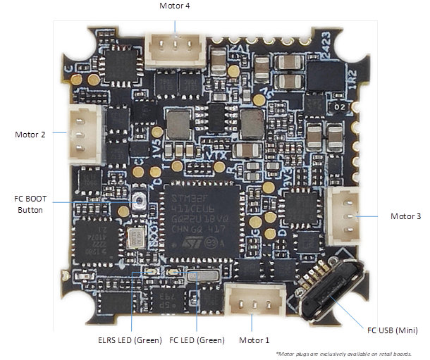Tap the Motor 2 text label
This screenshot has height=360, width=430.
pos(30,132)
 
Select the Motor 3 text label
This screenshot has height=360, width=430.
pos(405,216)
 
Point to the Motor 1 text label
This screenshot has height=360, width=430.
pos(255,340)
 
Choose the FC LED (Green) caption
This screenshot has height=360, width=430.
pos(197,340)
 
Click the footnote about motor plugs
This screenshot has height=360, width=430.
pos(343,353)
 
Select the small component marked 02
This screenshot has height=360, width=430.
pos(340,106)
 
